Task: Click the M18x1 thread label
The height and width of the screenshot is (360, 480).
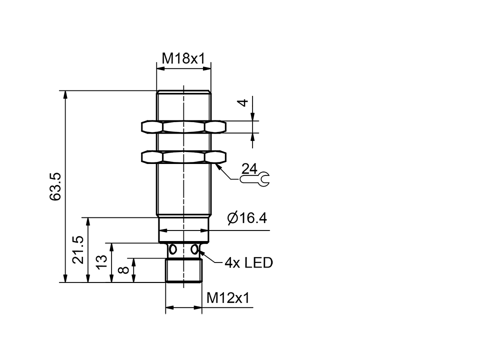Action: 183,58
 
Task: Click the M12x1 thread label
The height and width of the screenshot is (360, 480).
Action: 227,298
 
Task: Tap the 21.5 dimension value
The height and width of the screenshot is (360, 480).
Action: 78,250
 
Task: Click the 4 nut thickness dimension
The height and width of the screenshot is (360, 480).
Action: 242,102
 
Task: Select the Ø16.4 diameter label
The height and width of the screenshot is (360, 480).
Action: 246,218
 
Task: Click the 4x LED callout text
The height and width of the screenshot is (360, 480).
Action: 248,262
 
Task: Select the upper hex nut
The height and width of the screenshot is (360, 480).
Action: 183,127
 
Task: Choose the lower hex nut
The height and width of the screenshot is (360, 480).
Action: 183,157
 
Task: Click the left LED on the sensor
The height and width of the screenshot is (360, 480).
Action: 173,249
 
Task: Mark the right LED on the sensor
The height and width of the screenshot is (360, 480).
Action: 194,249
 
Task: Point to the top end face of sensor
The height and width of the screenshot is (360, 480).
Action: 183,91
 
